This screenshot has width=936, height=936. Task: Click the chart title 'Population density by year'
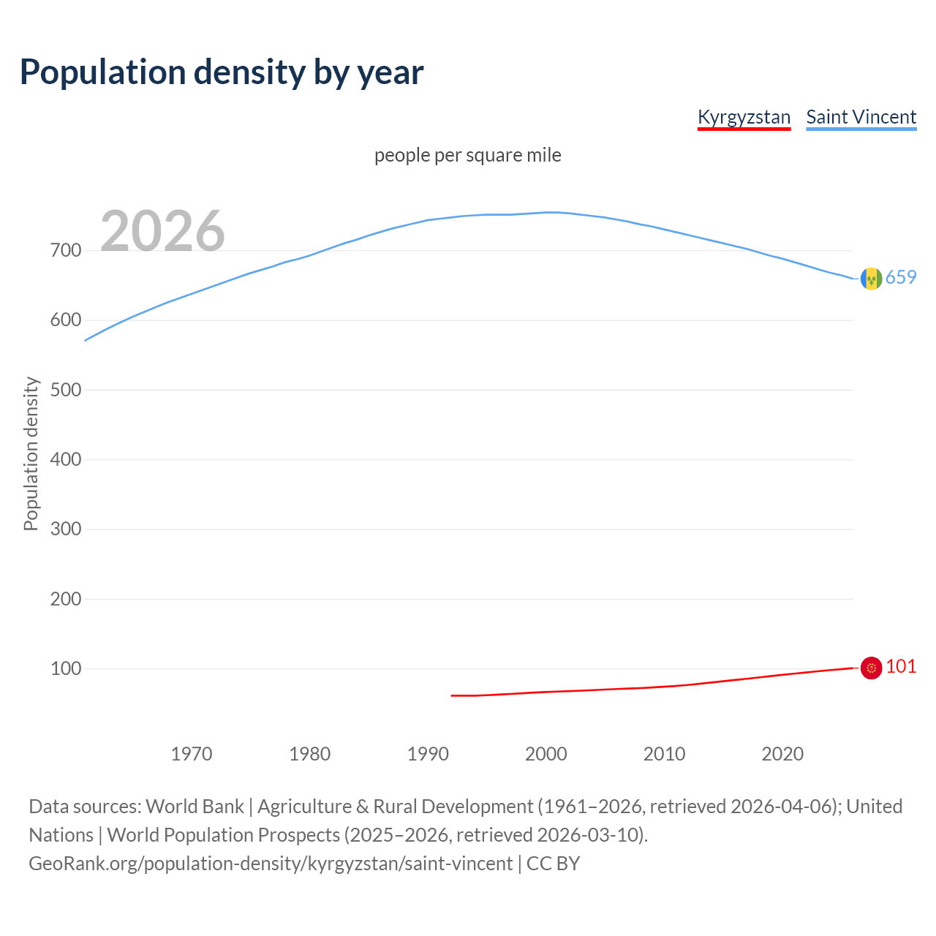point(222,72)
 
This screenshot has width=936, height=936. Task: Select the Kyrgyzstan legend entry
point(744,117)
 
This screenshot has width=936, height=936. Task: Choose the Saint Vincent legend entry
point(861,117)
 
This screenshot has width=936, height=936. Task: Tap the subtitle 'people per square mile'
point(468,156)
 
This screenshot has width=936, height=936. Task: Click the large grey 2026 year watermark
point(162,231)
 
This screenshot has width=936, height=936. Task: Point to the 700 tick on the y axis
point(66,251)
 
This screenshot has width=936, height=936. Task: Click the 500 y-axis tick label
point(66,390)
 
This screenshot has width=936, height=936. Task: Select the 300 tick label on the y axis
point(66,529)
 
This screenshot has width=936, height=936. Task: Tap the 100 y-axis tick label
point(66,668)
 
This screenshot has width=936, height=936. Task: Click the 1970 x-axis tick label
point(192,754)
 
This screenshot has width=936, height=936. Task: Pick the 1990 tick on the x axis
point(428,754)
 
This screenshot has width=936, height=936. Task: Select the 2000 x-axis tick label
point(546,754)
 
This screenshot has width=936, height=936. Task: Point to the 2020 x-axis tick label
point(782,754)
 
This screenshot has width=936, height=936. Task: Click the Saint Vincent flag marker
point(871,279)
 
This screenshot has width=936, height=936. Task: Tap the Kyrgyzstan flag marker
point(871,668)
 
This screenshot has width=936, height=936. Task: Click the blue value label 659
point(901,278)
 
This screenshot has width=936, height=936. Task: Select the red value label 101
point(901,667)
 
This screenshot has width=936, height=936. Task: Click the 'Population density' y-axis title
point(31,453)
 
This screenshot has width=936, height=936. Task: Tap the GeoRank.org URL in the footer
point(271,864)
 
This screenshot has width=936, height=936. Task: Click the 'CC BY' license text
point(554,864)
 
